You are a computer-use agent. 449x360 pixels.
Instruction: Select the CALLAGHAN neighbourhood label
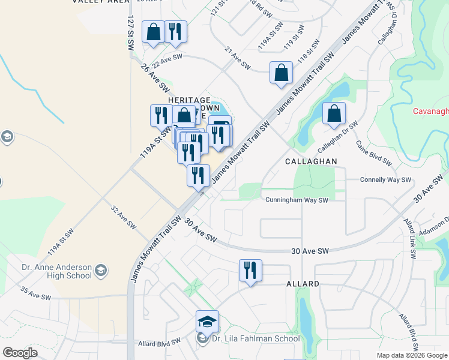(x=311, y=161)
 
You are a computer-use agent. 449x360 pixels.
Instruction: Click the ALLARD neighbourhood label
(x=303, y=283)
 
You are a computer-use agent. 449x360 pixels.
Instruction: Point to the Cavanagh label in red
(x=431, y=111)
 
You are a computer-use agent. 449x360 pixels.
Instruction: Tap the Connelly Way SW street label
(x=385, y=179)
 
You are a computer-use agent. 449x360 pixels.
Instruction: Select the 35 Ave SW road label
(x=36, y=293)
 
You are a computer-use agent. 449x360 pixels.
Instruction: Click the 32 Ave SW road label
(x=123, y=217)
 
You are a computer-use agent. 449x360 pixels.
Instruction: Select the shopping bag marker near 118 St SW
(x=281, y=73)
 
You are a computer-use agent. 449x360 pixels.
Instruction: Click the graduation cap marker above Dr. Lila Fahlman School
(x=207, y=322)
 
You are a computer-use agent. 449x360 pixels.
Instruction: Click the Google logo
(x=20, y=353)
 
